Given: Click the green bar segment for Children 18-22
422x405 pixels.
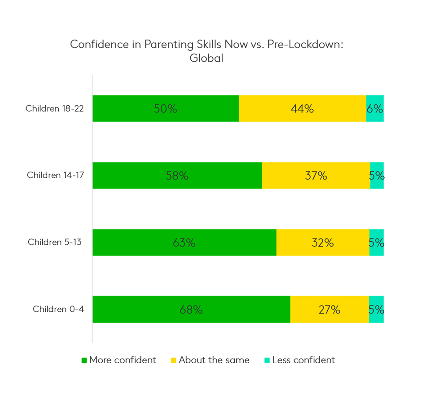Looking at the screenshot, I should tap(165, 108).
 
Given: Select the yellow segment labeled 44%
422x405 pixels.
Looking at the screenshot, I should tap(302, 108).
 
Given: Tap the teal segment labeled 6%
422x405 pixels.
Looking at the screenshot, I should tap(375, 108).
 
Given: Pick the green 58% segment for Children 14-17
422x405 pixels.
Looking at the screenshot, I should tap(177, 175).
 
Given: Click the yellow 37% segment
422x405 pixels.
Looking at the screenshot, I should tap(316, 175).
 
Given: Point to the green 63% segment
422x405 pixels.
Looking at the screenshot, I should tap(184, 243).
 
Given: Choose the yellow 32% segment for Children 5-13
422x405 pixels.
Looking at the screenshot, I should tap(323, 243).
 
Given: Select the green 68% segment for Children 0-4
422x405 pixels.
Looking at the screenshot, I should tap(191, 310).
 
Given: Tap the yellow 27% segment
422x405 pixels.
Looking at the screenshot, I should tap(330, 310).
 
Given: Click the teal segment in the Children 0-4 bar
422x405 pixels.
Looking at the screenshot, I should tap(376, 310).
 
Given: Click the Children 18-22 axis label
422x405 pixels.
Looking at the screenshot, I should tap(55, 108).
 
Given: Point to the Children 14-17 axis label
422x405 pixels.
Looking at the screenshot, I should tap(55, 175).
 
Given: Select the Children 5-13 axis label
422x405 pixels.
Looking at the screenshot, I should tap(55, 242).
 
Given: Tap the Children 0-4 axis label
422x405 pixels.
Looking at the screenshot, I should tap(58, 309).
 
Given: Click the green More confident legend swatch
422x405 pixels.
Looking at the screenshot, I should tap(84, 360).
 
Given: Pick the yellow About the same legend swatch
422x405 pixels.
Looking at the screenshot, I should tap(173, 360).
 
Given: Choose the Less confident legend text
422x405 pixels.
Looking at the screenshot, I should tap(303, 360).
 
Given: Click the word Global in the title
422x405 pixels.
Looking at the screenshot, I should tap(207, 58).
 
